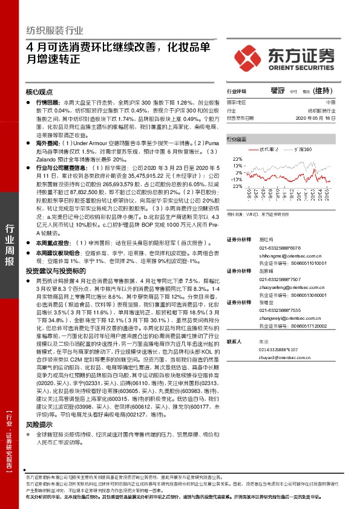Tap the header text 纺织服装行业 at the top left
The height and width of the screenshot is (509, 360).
[55, 30]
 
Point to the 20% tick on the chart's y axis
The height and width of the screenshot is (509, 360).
[238, 160]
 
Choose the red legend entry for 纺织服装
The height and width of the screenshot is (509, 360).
[266, 148]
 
